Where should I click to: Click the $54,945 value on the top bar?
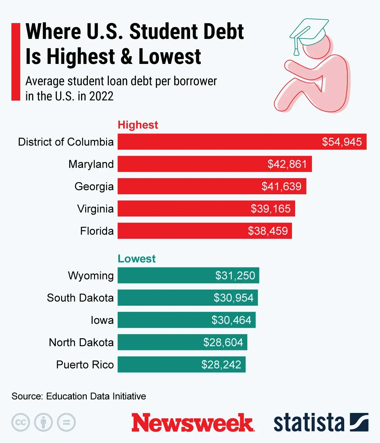pos(342,142)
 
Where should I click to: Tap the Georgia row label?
pos(94,186)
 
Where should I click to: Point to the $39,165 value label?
pos(270,209)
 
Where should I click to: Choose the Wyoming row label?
pos(91,276)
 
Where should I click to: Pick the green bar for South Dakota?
pos(165,298)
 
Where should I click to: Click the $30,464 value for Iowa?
pos(231,320)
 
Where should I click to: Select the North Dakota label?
pos(81,342)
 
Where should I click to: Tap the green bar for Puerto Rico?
pos(158,365)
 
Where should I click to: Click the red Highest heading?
pos(138,125)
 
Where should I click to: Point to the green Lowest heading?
pos(136,259)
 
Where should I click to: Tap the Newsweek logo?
pos(193,422)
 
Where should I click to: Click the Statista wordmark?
pos(309,423)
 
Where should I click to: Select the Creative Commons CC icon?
pos(21,422)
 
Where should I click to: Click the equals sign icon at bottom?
pos(66,422)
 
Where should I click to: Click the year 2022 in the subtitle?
pos(101,96)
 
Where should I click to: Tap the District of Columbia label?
pos(66,142)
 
